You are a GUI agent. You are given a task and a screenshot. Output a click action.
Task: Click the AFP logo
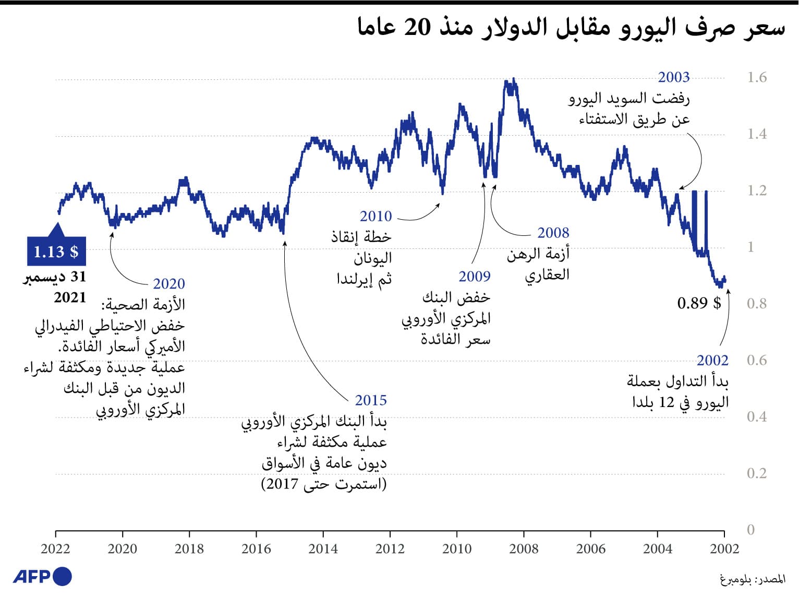click(42, 576)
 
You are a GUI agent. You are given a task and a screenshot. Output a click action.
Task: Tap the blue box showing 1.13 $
click(56, 252)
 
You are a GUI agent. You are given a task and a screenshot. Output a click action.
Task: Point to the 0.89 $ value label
click(699, 303)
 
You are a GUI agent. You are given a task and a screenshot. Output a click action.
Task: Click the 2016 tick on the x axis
click(256, 548)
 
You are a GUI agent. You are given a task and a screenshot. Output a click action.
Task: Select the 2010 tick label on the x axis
click(457, 548)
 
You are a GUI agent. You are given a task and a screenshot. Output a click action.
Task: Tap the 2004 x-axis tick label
click(657, 548)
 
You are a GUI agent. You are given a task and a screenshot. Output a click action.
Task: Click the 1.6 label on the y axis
click(756, 78)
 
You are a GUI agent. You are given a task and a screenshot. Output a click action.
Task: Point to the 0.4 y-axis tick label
click(756, 416)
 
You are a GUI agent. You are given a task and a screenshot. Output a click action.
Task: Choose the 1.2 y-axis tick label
click(756, 190)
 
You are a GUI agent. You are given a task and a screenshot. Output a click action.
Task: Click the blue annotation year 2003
click(673, 77)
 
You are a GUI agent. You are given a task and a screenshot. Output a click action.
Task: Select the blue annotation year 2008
click(553, 233)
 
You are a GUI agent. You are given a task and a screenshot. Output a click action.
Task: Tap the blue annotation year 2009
click(474, 276)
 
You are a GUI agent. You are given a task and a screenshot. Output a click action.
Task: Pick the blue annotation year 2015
click(371, 400)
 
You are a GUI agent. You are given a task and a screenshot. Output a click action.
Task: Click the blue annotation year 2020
click(168, 284)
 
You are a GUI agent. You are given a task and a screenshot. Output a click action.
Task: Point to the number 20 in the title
click(417, 27)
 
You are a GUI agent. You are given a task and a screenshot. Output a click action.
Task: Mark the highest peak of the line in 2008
click(514, 79)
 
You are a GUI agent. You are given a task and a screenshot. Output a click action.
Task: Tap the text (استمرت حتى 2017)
click(324, 484)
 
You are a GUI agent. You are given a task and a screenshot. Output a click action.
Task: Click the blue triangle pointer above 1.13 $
click(57, 230)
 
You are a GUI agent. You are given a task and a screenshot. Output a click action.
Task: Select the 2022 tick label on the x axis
click(55, 548)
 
